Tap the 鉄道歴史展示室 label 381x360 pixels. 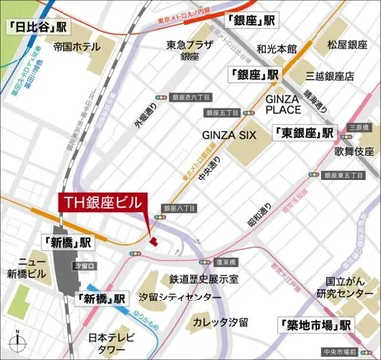tap(211, 281)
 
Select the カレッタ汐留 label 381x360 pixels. tap(217, 322)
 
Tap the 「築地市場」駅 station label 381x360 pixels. tap(317, 324)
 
